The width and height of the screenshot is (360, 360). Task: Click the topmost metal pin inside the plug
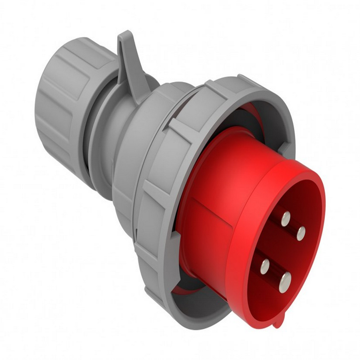(285, 219)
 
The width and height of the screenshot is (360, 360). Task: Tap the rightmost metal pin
(300, 233)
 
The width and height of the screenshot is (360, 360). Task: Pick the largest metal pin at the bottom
(284, 282)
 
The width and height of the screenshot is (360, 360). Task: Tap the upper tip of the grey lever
(124, 37)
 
